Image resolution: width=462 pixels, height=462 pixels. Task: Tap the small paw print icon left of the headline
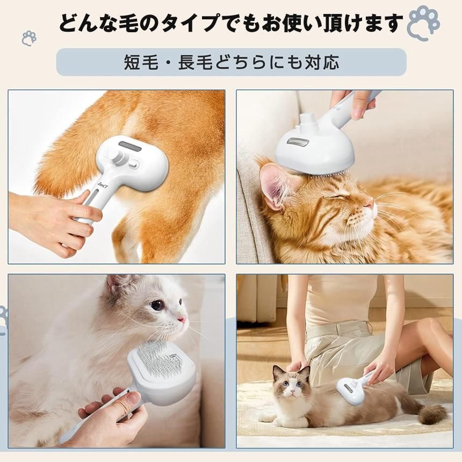(29, 38)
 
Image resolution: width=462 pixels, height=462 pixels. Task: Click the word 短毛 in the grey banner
(141, 62)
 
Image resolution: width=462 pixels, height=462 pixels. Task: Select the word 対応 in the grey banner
(322, 62)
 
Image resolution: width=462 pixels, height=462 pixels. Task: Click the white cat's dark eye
(157, 305)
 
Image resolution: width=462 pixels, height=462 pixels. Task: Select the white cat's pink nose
(183, 319)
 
